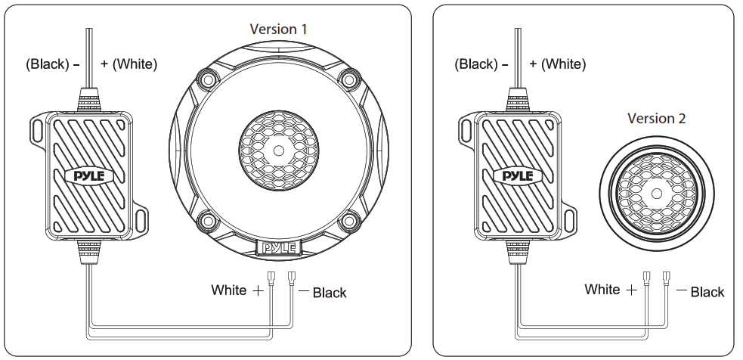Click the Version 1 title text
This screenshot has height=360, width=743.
pyautogui.click(x=278, y=29)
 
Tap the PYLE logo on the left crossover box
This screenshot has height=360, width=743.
pyautogui.click(x=88, y=175)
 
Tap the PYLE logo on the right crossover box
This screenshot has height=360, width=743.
pyautogui.click(x=517, y=175)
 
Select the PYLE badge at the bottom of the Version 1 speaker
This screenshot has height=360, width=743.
pyautogui.click(x=279, y=247)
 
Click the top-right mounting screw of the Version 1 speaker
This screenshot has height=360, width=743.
pyautogui.click(x=349, y=78)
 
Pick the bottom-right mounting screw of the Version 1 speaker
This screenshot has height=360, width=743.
pyautogui.click(x=349, y=221)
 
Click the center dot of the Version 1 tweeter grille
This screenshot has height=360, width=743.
pyautogui.click(x=279, y=150)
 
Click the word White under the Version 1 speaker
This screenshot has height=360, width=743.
pyautogui.click(x=228, y=290)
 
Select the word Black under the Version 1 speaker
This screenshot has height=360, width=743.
pyautogui.click(x=330, y=293)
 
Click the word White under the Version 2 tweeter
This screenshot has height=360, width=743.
pyautogui.click(x=602, y=290)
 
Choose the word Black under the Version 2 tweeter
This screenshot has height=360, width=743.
pyautogui.click(x=707, y=292)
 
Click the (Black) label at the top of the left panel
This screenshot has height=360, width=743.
pyautogui.click(x=48, y=64)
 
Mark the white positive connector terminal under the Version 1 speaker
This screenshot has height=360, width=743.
pyautogui.click(x=271, y=277)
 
